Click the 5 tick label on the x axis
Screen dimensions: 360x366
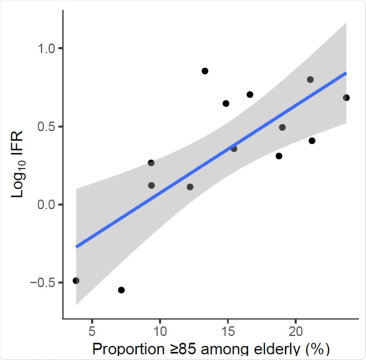(x=92, y=331)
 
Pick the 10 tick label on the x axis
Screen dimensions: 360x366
(x=160, y=331)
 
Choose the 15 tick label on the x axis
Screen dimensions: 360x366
(x=228, y=331)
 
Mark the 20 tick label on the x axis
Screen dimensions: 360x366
(x=296, y=331)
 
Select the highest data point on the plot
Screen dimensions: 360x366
(x=205, y=71)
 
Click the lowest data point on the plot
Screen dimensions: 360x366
(x=122, y=290)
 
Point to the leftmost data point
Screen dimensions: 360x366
(x=76, y=281)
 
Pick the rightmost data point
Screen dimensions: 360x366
(x=346, y=97)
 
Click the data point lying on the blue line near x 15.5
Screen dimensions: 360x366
(x=234, y=149)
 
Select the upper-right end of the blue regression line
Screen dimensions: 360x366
(x=346, y=73)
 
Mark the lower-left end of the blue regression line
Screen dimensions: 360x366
(x=77, y=247)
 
